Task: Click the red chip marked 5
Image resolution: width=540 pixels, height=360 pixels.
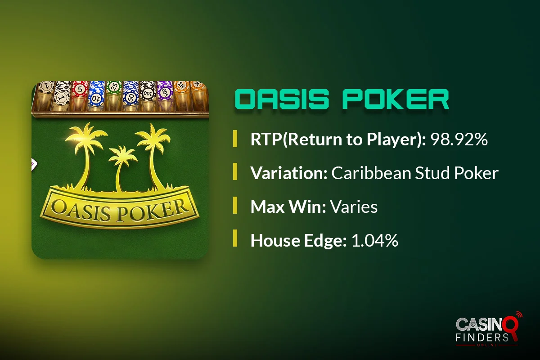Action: tap(80, 89)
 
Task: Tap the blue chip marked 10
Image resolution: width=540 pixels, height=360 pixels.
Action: tap(96, 98)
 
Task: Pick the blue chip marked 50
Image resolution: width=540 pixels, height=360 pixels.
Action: tap(131, 97)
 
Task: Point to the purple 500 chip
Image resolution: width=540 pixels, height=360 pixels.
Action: tap(165, 91)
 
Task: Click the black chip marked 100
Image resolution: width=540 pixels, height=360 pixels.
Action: tap(148, 93)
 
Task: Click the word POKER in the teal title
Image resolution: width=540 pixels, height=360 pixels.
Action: tap(396, 99)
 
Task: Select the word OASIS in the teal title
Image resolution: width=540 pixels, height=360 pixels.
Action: tap(282, 99)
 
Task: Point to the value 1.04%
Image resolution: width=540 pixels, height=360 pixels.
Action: tap(375, 240)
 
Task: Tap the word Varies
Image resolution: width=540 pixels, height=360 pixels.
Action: tap(354, 207)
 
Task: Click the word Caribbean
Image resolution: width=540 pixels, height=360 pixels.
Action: tap(371, 173)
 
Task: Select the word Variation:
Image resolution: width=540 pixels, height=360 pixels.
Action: tap(289, 173)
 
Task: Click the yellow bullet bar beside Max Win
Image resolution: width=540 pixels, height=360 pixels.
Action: tap(235, 205)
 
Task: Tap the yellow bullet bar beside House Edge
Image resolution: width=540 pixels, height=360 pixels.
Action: tap(235, 238)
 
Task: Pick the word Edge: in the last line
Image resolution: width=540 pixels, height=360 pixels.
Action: tap(325, 241)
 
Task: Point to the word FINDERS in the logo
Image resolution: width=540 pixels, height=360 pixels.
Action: tap(482, 337)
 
